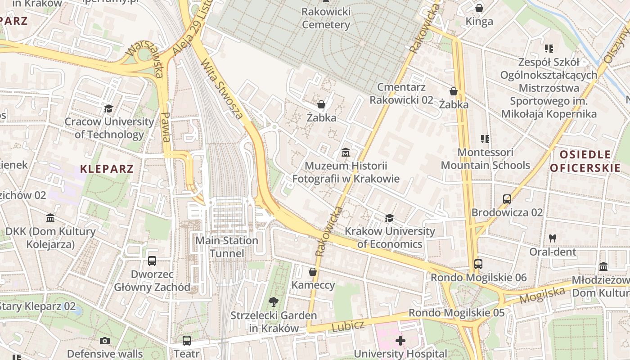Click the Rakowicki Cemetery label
click(x=326, y=18)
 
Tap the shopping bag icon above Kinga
click(x=479, y=8)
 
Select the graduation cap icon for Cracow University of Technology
click(x=108, y=108)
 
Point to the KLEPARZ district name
click(x=107, y=169)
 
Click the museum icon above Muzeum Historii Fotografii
click(x=346, y=153)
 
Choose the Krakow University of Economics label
click(x=390, y=238)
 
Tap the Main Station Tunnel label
click(x=226, y=247)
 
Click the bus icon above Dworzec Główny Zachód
click(x=152, y=261)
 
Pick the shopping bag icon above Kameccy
click(x=313, y=272)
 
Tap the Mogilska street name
click(x=542, y=295)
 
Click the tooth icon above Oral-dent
click(x=553, y=238)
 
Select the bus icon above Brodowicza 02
click(x=507, y=199)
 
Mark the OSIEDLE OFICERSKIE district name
click(x=585, y=162)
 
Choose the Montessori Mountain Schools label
click(x=485, y=159)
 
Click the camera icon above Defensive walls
click(x=105, y=341)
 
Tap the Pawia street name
click(x=165, y=127)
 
